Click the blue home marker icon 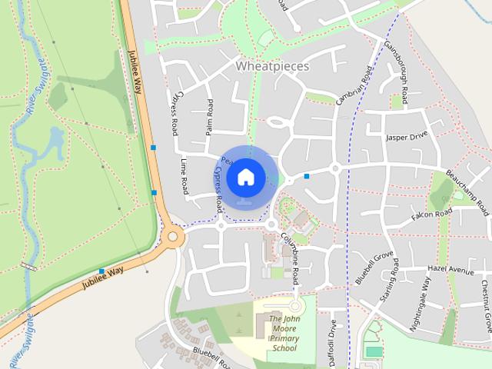(245, 177)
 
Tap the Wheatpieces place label (272, 66)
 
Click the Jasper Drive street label (406, 137)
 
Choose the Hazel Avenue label (450, 271)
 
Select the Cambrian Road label (355, 86)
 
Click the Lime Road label (184, 176)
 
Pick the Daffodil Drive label (333, 343)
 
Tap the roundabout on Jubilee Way (172, 237)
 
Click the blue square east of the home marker (307, 176)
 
